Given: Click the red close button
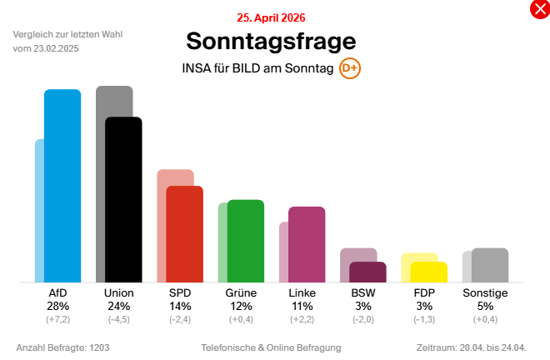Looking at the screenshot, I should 539,10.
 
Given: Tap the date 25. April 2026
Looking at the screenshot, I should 271,17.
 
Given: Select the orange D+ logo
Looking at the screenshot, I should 350,68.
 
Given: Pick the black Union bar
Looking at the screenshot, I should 123,200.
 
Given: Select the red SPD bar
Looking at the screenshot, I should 185,234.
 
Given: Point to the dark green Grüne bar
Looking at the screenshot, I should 246,241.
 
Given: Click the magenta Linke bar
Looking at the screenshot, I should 307,244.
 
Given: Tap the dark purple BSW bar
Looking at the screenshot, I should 367,272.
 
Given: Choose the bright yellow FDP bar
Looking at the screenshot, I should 429,272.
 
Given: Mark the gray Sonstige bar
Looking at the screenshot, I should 490,265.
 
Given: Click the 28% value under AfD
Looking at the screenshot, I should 57,306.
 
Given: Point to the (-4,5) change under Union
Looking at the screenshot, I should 118,319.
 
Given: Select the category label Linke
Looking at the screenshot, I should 302,293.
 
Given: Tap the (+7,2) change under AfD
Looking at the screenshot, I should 57,319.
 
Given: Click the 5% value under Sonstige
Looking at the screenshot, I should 485,306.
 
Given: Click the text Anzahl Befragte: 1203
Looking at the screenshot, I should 63,347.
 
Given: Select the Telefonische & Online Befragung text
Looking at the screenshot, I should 271,347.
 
